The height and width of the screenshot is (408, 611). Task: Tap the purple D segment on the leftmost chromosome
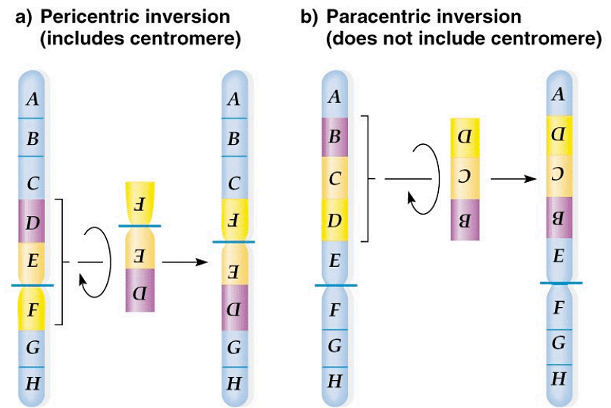tap(33, 221)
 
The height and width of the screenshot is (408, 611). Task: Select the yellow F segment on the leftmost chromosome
tap(33, 309)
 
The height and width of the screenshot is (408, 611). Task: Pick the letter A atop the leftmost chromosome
tap(32, 98)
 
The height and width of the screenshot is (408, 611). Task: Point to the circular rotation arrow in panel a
tap(94, 262)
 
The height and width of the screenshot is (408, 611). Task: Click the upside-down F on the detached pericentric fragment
tap(141, 204)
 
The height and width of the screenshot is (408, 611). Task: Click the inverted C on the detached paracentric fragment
tap(465, 178)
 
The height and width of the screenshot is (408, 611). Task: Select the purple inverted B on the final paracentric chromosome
tap(559, 219)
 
